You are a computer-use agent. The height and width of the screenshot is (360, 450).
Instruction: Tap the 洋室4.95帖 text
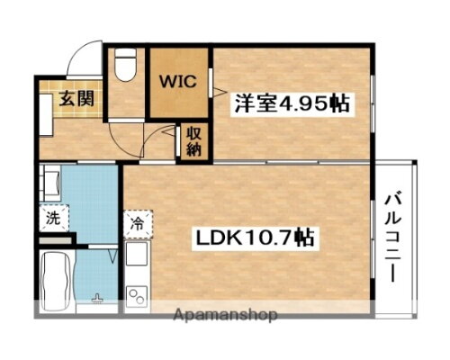pos(292,103)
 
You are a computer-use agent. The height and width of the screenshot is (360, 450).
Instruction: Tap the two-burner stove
pos(138,292)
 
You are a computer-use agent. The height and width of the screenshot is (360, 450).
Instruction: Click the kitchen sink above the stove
pos(138,256)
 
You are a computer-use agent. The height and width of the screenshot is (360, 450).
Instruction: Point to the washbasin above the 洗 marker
pos(49,185)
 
